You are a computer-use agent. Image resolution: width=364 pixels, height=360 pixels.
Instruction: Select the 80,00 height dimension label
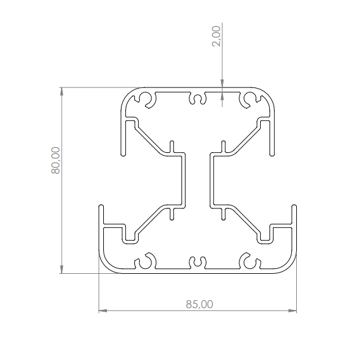click(55, 160)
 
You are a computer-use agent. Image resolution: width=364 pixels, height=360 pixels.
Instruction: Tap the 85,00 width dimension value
click(198, 303)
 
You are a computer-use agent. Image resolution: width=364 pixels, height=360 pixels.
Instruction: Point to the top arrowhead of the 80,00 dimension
click(61, 92)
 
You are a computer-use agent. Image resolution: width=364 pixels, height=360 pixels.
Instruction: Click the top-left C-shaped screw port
click(146, 99)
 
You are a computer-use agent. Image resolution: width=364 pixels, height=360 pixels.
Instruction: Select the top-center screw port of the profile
click(198, 98)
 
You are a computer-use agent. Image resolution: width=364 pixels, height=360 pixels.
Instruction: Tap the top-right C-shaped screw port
click(249, 99)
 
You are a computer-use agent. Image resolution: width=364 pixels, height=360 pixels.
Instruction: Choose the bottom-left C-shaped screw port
click(146, 262)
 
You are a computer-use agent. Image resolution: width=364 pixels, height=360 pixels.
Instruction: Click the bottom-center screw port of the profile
click(198, 262)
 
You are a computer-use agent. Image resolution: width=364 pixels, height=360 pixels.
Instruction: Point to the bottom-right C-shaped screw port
click(249, 262)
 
